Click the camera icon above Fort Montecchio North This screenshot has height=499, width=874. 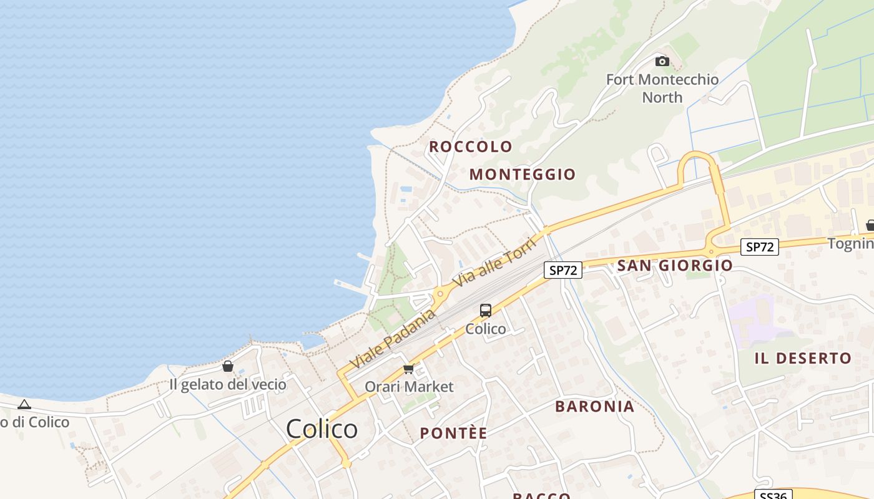pos(662,61)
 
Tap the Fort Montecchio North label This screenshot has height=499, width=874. pos(662,88)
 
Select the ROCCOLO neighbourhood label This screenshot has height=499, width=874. pos(471,147)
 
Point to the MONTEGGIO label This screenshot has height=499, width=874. pos(523,174)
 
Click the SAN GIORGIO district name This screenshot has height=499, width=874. pos(675,265)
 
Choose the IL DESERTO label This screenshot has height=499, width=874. pos(803,358)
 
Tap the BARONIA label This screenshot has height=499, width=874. pos(594,406)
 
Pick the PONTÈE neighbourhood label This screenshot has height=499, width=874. pos(453,433)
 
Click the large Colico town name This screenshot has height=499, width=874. pos(322,429)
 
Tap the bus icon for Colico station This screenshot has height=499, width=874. pos(486,311)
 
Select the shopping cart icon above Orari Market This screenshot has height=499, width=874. pos(409,369)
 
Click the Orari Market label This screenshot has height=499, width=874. pos(409,386)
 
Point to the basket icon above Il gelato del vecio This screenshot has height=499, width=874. pos(228,366)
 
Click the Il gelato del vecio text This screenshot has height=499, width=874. pos(228,384)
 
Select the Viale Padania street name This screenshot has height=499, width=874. pos(392,339)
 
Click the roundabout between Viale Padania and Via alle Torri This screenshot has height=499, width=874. pos(440,293)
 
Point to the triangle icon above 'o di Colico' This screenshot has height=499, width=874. pos(24,405)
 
